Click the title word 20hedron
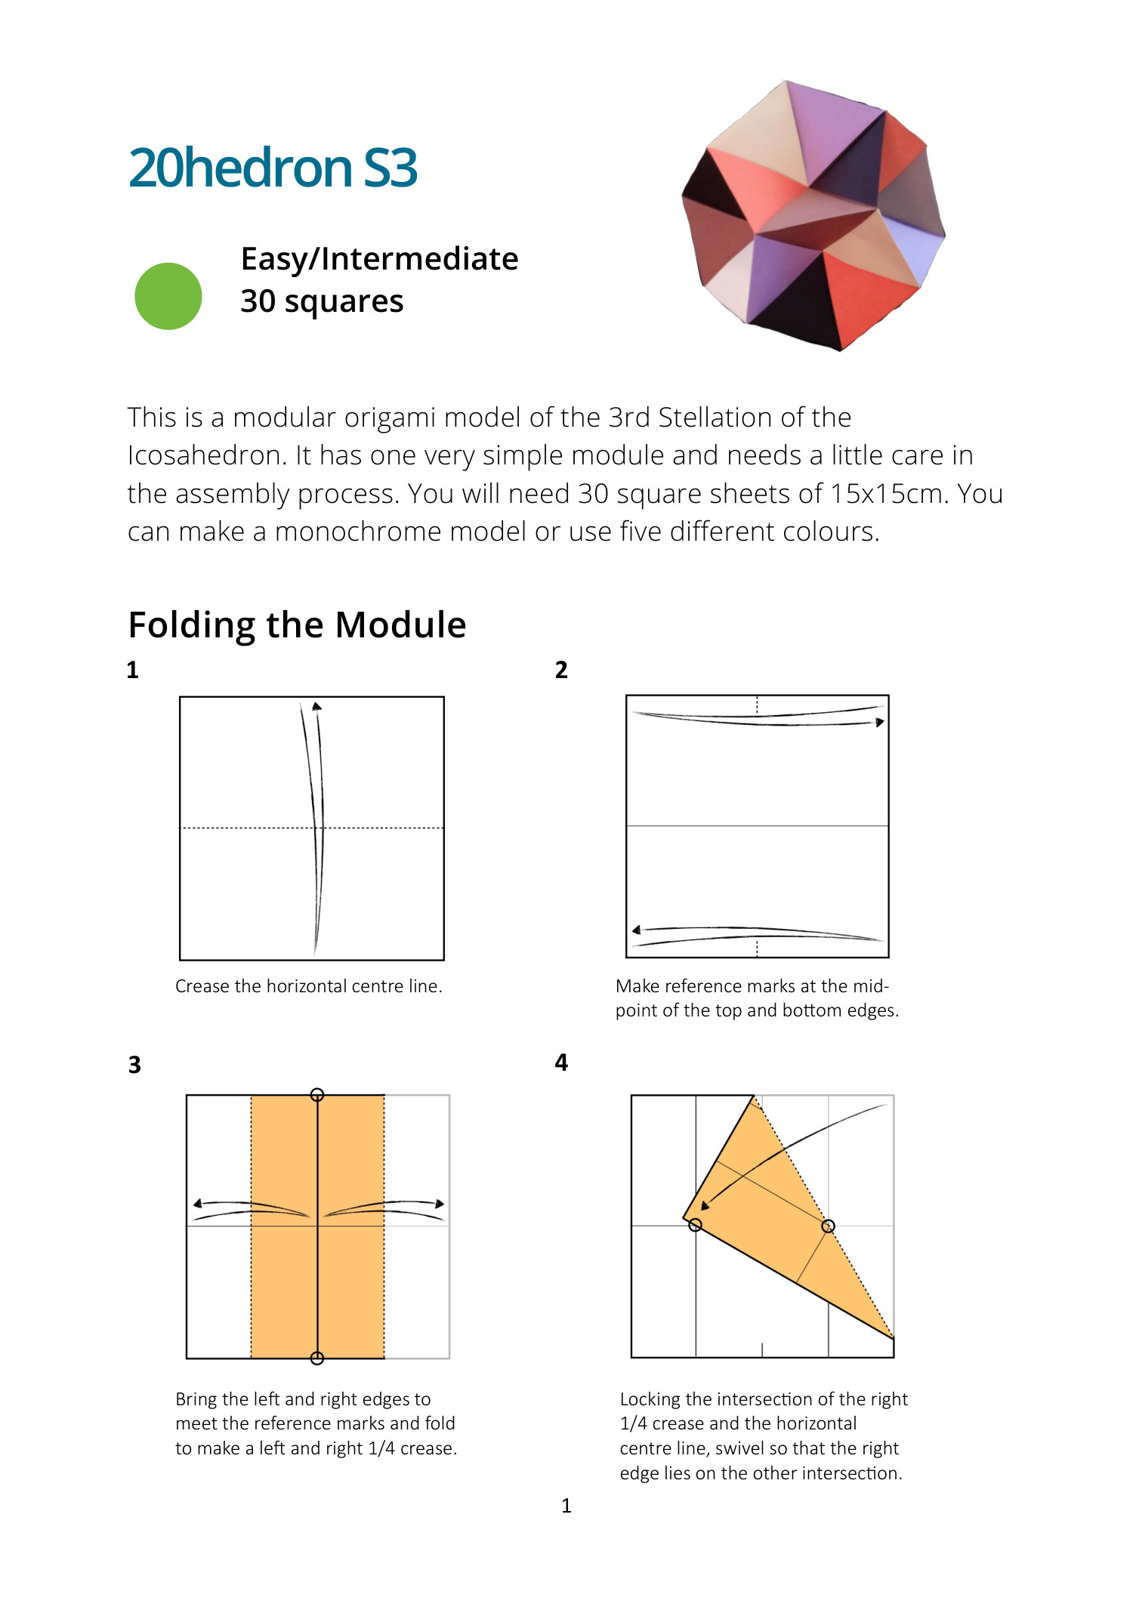click(x=240, y=168)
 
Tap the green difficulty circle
click(x=168, y=296)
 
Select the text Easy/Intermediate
click(x=379, y=259)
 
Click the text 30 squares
click(x=322, y=301)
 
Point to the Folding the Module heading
click(x=297, y=625)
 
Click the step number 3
click(x=134, y=1065)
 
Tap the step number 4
click(x=561, y=1062)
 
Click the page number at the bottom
click(x=566, y=1506)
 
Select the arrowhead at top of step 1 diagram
click(x=317, y=706)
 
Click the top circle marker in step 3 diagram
click(x=317, y=1095)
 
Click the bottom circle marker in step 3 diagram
click(x=317, y=1358)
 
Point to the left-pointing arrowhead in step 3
click(x=197, y=1204)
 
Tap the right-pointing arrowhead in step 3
click(x=440, y=1204)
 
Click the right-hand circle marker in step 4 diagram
click(x=828, y=1226)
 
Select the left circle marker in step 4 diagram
click(x=696, y=1225)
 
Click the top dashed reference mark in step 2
click(x=757, y=705)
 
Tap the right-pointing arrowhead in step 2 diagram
click(x=880, y=723)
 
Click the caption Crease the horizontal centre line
click(x=308, y=986)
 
